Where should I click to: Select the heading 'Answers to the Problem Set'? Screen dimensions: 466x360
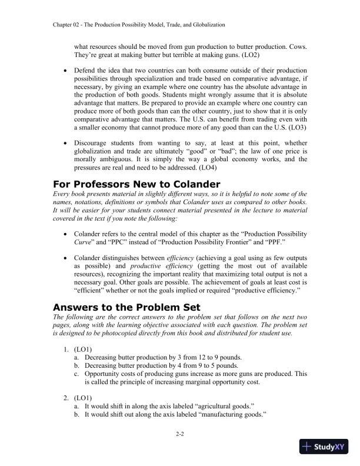coord(126,307)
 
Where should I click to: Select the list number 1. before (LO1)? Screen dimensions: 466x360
coord(66,349)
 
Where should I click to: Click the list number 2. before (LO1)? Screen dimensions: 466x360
coord(66,398)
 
